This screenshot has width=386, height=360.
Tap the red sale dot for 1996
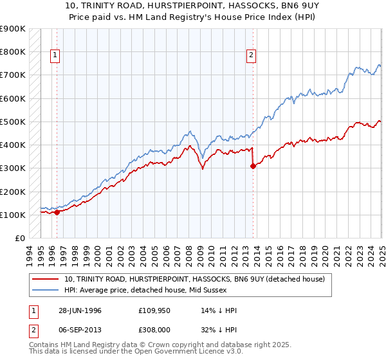click(57, 212)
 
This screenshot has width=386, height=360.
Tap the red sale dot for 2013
click(253, 166)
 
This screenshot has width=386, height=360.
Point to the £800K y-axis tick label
click(13, 51)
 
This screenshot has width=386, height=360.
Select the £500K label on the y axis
click(13, 122)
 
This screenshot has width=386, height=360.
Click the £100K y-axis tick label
click(13, 215)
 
